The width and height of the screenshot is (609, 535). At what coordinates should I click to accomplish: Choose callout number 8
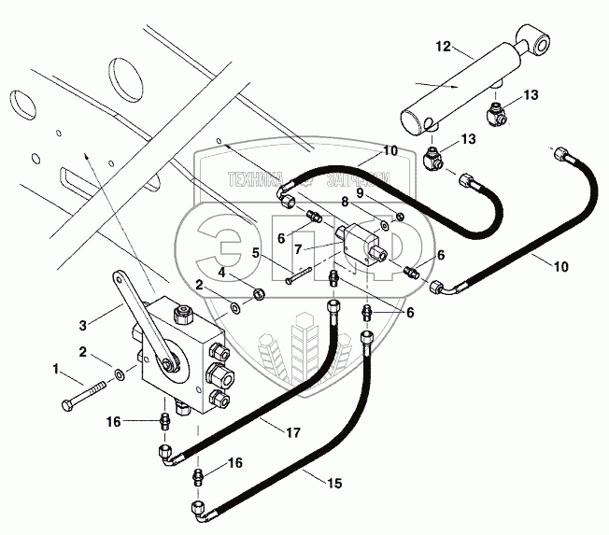[344, 200]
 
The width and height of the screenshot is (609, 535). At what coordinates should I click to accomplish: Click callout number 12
[443, 46]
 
